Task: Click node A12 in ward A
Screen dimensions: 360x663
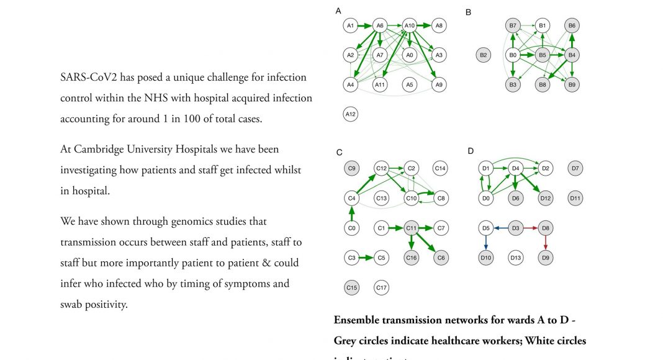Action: coord(351,114)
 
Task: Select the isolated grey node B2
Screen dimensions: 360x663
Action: coord(483,55)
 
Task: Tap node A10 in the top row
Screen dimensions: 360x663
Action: coord(409,25)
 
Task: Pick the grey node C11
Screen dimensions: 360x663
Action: coord(411,228)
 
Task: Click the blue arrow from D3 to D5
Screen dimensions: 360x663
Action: coord(500,228)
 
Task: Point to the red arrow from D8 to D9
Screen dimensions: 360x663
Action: coord(545,243)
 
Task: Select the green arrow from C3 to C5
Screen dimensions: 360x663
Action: coord(366,257)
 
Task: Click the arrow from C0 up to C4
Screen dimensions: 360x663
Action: coord(351,214)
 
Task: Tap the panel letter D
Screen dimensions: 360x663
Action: coord(470,151)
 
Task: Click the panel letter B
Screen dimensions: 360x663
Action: coord(468,12)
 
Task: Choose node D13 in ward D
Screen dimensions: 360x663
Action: coord(515,257)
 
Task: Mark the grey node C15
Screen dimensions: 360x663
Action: coord(351,287)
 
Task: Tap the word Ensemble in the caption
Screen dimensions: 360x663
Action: coord(359,320)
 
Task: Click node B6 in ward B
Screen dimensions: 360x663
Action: coord(572,25)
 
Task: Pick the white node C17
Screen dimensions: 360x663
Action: coord(381,287)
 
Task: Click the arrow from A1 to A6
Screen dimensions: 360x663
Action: coord(366,25)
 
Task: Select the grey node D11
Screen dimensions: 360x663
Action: coord(575,199)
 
